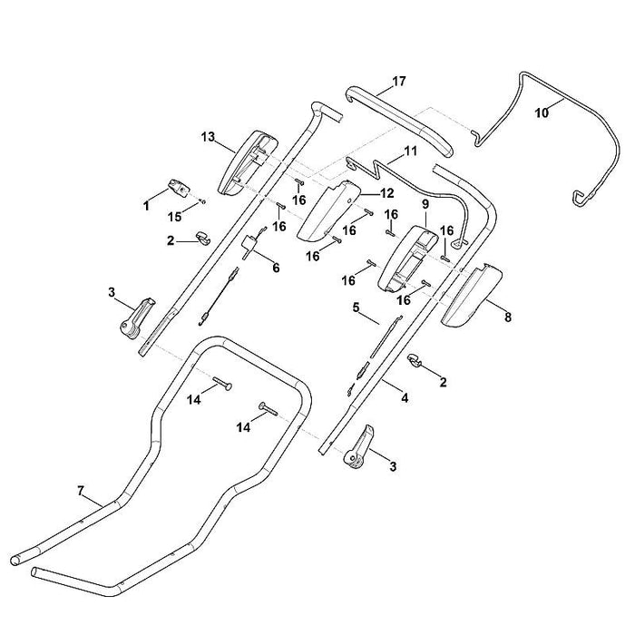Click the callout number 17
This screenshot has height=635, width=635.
pos(398,82)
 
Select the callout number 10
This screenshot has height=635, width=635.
pos(542,112)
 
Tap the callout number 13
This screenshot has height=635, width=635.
pos(208,137)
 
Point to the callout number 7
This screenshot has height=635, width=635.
pos(80,491)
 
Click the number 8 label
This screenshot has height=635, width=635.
pos(508,317)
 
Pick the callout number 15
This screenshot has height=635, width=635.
pos(175,217)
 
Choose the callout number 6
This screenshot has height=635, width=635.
pos(276,268)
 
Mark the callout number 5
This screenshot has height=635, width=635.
pos(356,308)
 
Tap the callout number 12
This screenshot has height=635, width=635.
pos(387,193)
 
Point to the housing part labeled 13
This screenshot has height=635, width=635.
pos(247,163)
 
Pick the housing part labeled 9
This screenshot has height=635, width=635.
pos(407,259)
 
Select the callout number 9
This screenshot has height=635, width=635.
pos(425,204)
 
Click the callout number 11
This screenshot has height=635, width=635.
pos(410,151)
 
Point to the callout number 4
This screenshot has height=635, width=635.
pos(405,398)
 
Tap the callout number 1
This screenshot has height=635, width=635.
pos(146,206)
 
